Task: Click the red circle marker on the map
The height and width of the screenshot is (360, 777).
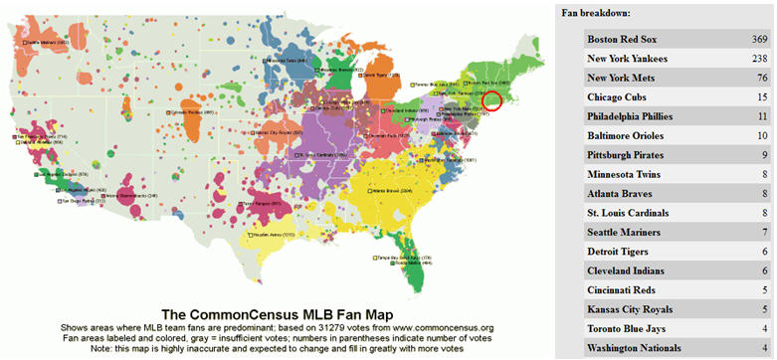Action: click(x=492, y=99)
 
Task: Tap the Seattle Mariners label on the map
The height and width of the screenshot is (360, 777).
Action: click(x=46, y=43)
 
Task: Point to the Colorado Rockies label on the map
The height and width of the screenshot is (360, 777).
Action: click(x=194, y=112)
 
